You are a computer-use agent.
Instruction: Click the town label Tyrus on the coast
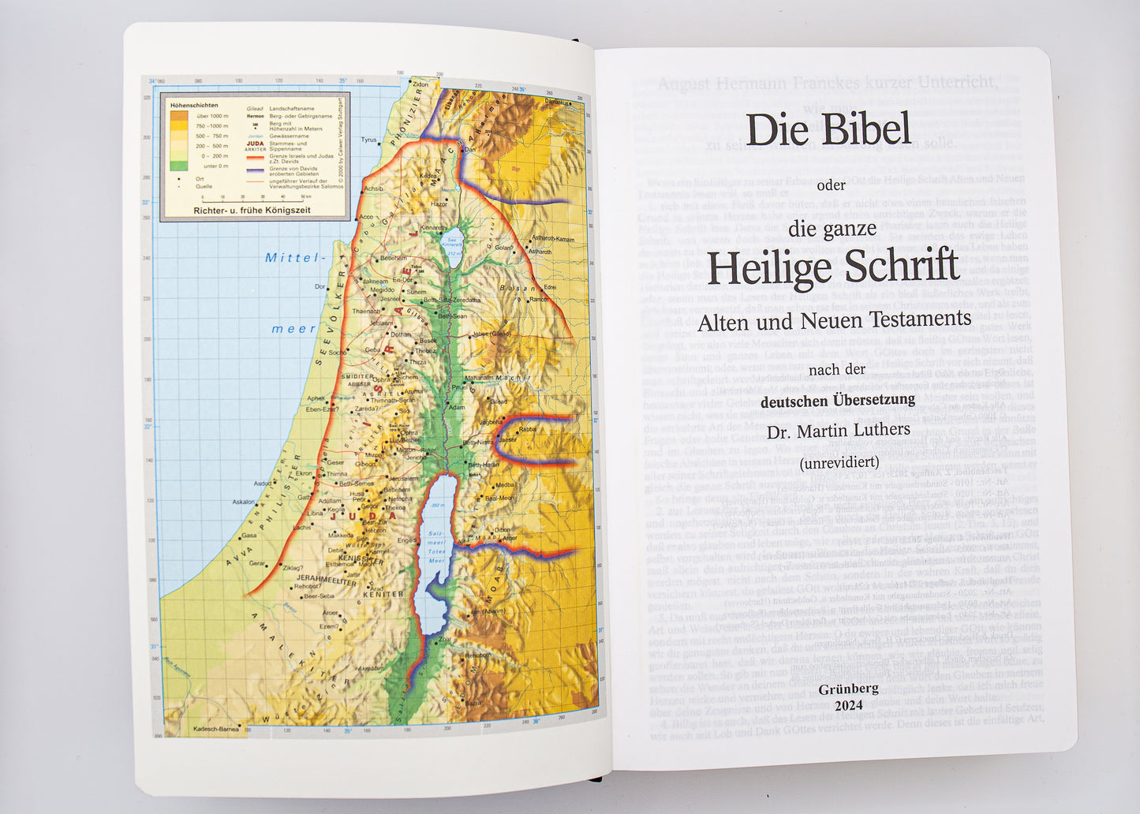point(368,140)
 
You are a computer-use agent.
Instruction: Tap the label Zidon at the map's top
point(420,84)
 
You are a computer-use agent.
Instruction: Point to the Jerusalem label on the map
point(402,479)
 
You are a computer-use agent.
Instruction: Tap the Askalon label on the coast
point(243,502)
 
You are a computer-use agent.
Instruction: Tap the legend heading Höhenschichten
point(193,105)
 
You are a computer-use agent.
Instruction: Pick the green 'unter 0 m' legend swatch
point(179,166)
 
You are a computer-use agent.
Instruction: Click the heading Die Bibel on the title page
point(828,129)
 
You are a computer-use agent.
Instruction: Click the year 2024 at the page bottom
point(848,705)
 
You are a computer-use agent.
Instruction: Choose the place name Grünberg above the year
point(848,689)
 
